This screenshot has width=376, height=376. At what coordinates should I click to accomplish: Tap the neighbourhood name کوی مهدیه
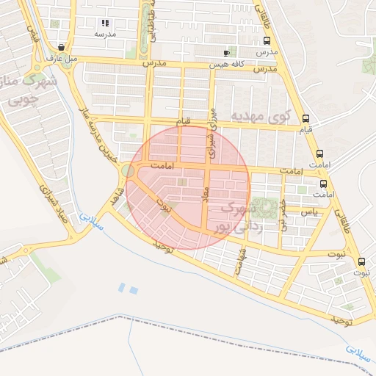pyautogui.click(x=261, y=116)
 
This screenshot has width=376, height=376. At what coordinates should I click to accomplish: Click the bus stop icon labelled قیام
pyautogui.click(x=305, y=117)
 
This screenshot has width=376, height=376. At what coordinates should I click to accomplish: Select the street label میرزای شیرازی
pyautogui.click(x=212, y=131)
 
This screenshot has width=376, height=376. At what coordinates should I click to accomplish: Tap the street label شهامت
pyautogui.click(x=239, y=261)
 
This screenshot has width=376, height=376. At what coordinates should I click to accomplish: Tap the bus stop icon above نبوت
pyautogui.click(x=361, y=261)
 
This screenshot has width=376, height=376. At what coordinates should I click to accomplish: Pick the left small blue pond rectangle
pyautogui.click(x=122, y=288)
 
